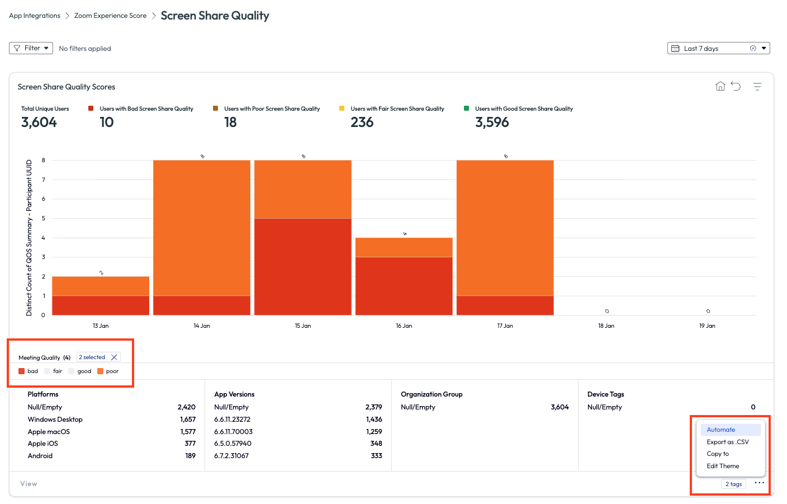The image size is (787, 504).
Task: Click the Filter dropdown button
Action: pos(31,48)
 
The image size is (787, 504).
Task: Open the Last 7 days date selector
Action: pos(718,48)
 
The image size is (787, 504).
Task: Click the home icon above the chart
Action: pos(720,86)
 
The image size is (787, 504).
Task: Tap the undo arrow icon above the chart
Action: pos(736,86)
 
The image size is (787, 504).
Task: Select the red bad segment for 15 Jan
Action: pos(303,267)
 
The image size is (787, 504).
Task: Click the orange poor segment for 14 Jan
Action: pos(202,228)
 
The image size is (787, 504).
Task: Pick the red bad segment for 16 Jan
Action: pos(404,286)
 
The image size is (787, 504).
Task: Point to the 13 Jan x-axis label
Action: pos(101,326)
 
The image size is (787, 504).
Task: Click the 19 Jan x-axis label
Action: pos(707,326)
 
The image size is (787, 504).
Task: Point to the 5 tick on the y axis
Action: pos(44,218)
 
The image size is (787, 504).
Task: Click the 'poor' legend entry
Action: pos(108,371)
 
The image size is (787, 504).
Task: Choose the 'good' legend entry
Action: pos(80,371)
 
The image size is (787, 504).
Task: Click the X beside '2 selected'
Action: pos(114,357)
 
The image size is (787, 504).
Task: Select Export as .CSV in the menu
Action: pos(728,442)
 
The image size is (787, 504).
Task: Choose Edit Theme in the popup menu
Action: pos(723,466)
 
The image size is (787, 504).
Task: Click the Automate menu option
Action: pos(721,430)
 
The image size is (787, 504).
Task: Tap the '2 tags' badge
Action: pos(733,484)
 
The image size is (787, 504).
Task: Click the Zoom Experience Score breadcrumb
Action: pos(110,16)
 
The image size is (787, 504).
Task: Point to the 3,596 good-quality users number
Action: pos(492,122)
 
